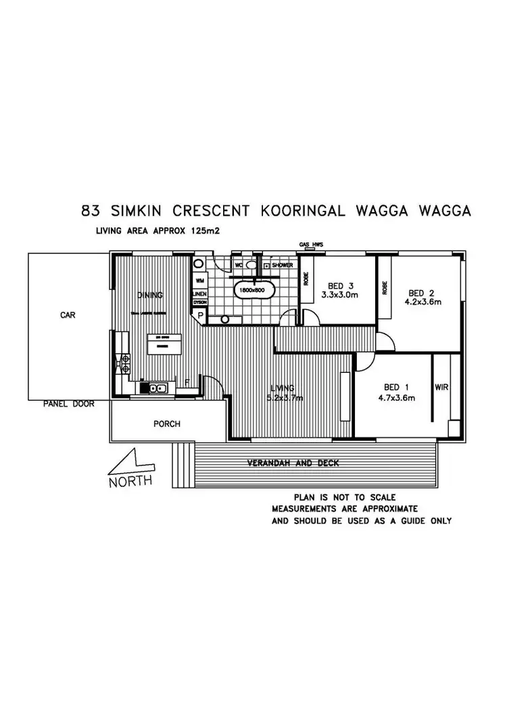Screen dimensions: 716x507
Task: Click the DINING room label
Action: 149,295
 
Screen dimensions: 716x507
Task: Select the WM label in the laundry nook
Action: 199,280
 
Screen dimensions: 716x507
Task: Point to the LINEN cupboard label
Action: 199,295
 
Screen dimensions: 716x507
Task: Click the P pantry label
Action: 201,314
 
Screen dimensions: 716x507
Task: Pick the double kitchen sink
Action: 157,388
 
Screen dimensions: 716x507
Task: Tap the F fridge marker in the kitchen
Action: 187,382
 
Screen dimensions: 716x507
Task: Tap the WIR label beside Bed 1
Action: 442,387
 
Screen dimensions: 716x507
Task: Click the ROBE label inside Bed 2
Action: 385,288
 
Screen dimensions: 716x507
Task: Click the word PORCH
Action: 166,424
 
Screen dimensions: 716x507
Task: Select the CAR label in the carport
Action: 67,315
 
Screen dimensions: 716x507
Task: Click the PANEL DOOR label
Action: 68,404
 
